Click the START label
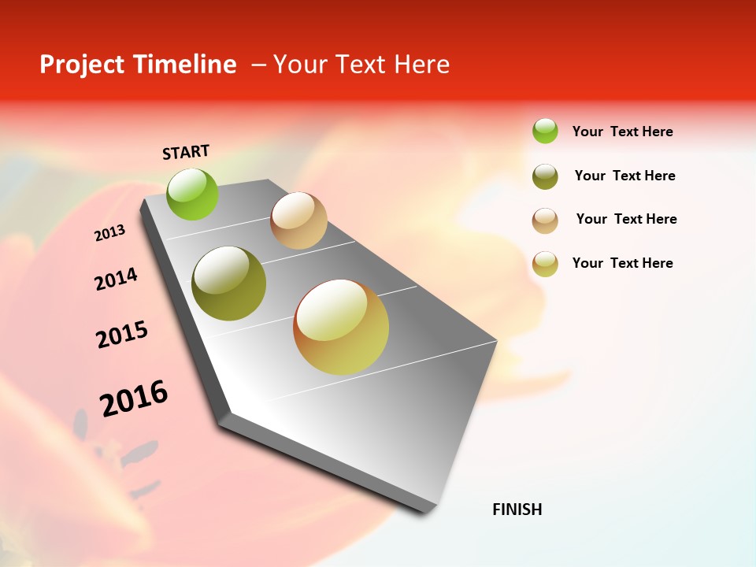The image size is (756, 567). pyautogui.click(x=186, y=152)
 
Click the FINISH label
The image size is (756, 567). pyautogui.click(x=517, y=510)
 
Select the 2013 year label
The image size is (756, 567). pyautogui.click(x=109, y=233)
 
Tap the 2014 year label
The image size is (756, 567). pyautogui.click(x=116, y=279)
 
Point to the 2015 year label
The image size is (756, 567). pyautogui.click(x=122, y=335)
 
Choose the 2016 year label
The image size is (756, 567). pyautogui.click(x=134, y=398)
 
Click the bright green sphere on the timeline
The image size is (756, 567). pyautogui.click(x=193, y=194)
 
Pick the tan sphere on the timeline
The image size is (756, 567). pyautogui.click(x=298, y=220)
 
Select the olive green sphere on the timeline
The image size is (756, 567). pyautogui.click(x=229, y=283)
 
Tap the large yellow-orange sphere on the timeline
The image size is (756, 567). pyautogui.click(x=341, y=327)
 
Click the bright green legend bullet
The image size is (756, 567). pyautogui.click(x=545, y=131)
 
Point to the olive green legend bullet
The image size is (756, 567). pyautogui.click(x=545, y=176)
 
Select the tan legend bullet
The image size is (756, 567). pyautogui.click(x=545, y=220)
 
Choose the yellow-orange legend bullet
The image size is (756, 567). pyautogui.click(x=545, y=264)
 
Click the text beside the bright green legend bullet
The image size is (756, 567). pyautogui.click(x=622, y=132)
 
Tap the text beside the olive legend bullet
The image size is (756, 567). pyautogui.click(x=624, y=176)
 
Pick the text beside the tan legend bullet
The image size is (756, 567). pyautogui.click(x=626, y=219)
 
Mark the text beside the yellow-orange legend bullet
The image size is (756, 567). pyautogui.click(x=622, y=263)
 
